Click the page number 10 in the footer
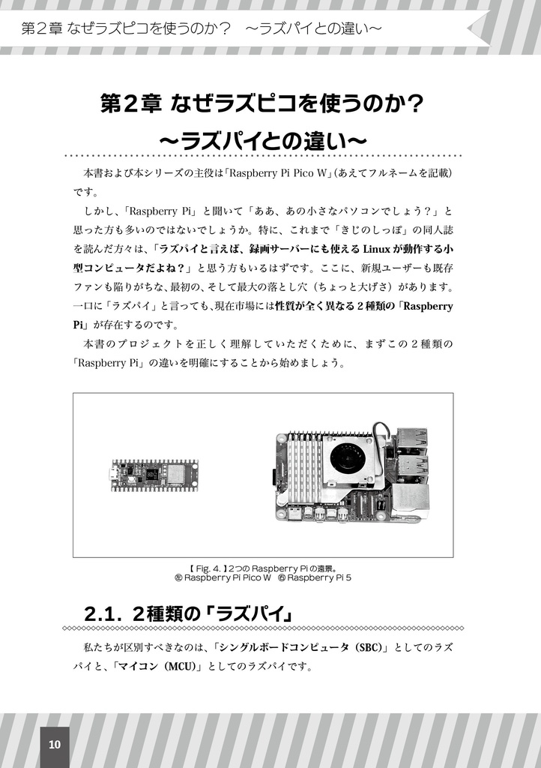tap(54, 744)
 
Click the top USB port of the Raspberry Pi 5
tap(413, 439)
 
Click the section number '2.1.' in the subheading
tap(103, 613)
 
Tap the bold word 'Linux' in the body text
tap(375, 249)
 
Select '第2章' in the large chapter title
tap(131, 103)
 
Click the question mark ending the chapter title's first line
tap(429, 103)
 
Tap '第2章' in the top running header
tap(41, 29)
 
